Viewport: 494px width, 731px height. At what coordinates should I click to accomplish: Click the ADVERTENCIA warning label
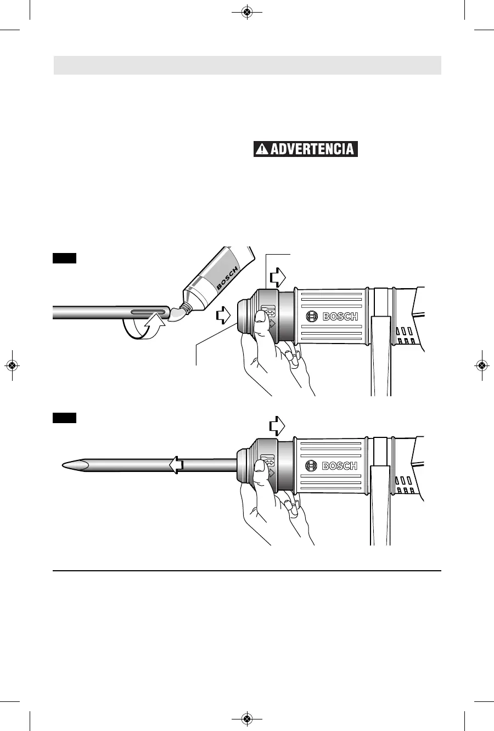pyautogui.click(x=306, y=149)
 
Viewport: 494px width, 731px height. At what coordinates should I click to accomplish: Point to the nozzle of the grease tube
pyautogui.click(x=179, y=314)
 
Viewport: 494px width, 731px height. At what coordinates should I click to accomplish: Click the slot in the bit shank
pyautogui.click(x=148, y=312)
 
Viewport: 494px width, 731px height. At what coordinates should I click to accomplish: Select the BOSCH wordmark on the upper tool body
pyautogui.click(x=340, y=317)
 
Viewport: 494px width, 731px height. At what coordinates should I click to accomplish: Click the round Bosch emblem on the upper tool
pyautogui.click(x=311, y=317)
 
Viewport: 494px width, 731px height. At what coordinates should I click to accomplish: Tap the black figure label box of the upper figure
pyautogui.click(x=64, y=258)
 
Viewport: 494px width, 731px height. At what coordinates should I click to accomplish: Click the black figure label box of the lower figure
pyautogui.click(x=64, y=418)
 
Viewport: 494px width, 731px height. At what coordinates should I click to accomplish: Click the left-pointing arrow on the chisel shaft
pyautogui.click(x=176, y=466)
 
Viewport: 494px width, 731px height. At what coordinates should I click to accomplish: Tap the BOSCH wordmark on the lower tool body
pyautogui.click(x=340, y=466)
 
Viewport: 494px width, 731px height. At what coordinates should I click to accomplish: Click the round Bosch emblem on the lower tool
pyautogui.click(x=311, y=466)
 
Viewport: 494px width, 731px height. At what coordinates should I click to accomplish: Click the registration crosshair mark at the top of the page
pyautogui.click(x=246, y=12)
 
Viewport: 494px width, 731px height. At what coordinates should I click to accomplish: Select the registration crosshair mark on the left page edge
pyautogui.click(x=12, y=365)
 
